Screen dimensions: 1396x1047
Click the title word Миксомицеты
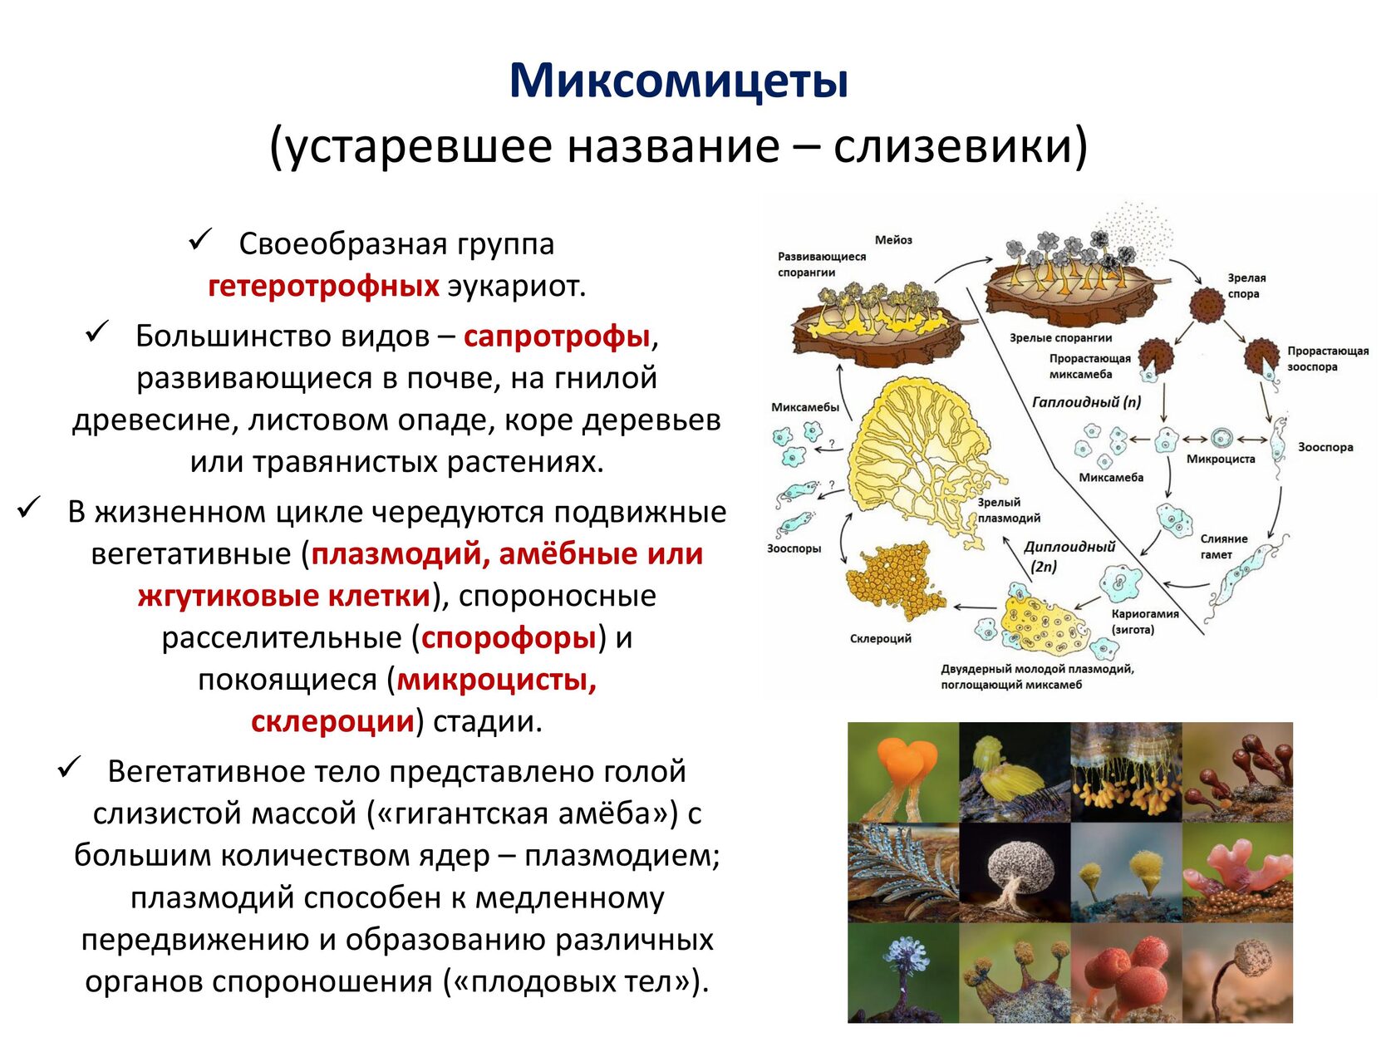click(x=679, y=81)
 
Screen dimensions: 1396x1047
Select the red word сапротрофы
click(x=557, y=337)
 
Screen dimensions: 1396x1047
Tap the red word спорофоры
click(x=509, y=637)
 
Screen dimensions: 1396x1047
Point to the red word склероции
click(x=332, y=721)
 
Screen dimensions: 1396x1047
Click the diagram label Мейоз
click(x=893, y=239)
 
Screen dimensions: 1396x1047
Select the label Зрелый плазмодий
click(x=1009, y=510)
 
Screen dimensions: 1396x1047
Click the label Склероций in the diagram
click(x=880, y=638)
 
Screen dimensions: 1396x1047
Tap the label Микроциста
click(x=1221, y=459)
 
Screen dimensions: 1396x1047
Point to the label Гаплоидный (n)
click(x=1086, y=401)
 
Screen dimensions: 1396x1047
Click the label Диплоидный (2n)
click(x=1069, y=556)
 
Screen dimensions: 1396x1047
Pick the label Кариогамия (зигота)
click(x=1145, y=622)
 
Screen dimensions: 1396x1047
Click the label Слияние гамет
click(x=1224, y=546)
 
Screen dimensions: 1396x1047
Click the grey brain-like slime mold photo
click(x=1015, y=872)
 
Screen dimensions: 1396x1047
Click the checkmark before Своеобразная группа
click(x=200, y=239)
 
